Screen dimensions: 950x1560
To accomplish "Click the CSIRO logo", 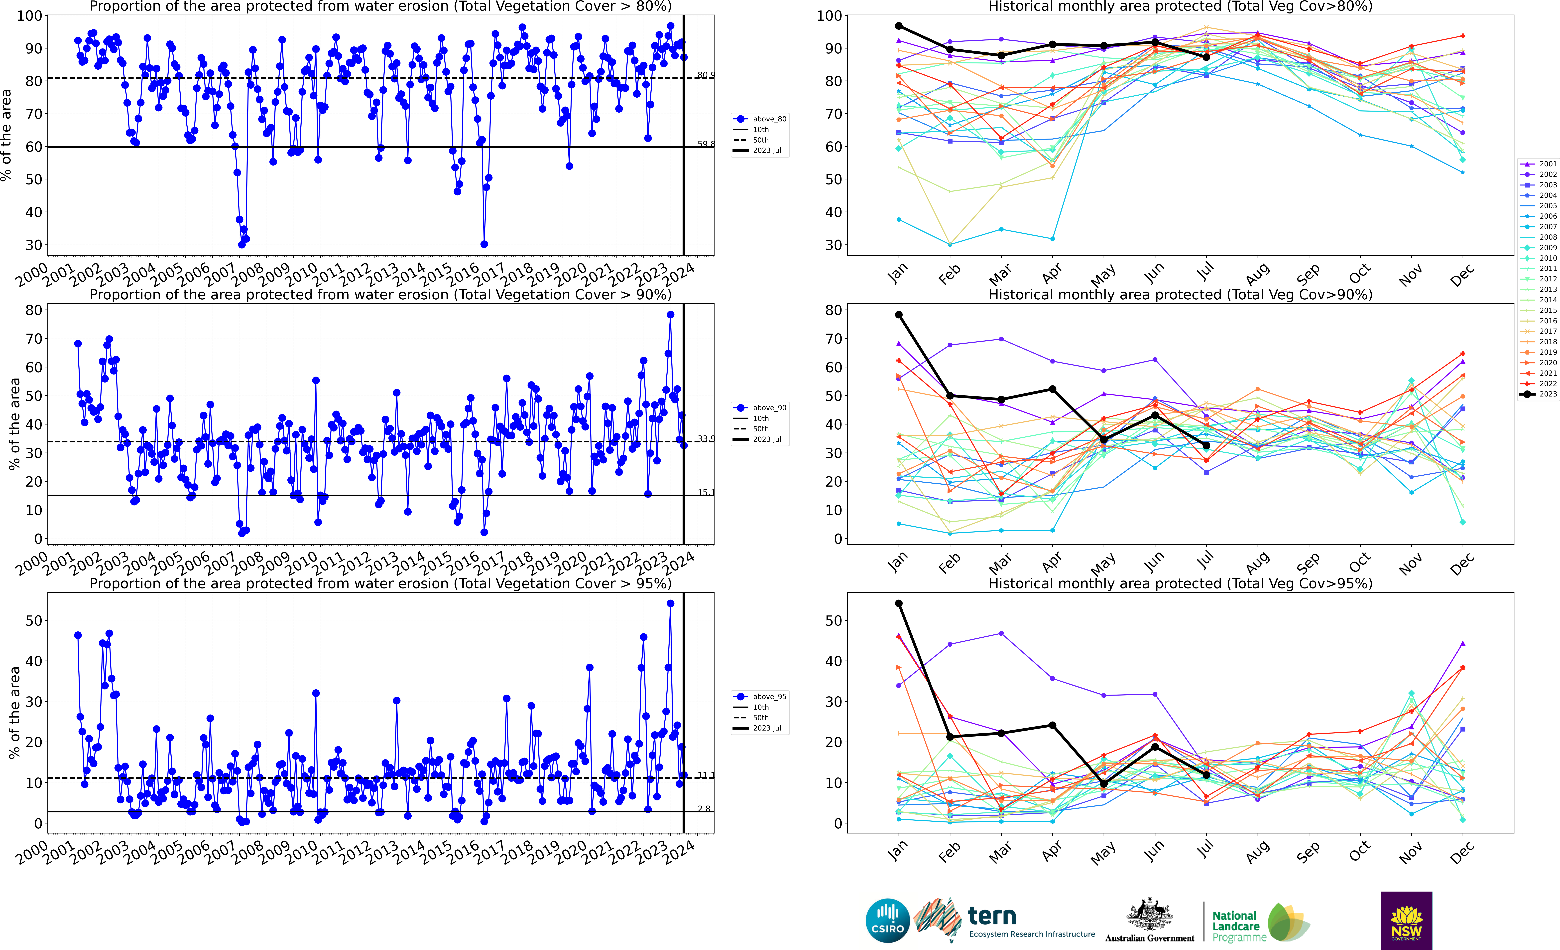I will click(x=887, y=920).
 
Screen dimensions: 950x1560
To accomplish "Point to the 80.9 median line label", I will click(x=706, y=75).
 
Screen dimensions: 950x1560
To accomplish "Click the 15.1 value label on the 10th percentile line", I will click(x=706, y=492).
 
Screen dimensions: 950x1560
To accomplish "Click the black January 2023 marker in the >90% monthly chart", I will click(x=898, y=315).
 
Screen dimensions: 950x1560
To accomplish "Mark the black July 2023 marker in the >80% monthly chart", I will click(x=1206, y=57).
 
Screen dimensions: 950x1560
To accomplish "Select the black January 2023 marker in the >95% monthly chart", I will click(x=898, y=604).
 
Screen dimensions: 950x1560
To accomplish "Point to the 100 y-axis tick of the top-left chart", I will click(x=30, y=16).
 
